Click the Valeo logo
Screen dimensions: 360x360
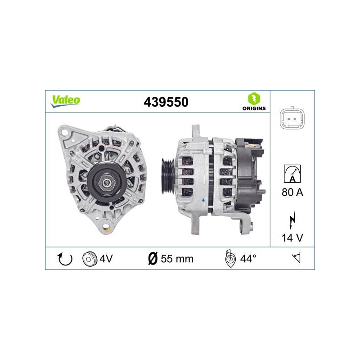(65, 101)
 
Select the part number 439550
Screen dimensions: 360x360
(166, 102)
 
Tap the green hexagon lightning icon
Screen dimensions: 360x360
(254, 99)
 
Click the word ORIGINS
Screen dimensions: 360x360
(254, 108)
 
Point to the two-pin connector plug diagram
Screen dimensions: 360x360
(292, 118)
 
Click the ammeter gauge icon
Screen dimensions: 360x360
(292, 174)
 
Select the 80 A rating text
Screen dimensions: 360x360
(292, 192)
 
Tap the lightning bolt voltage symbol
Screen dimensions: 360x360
(292, 220)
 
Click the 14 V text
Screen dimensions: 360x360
(292, 238)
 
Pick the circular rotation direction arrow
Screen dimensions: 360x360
(65, 259)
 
